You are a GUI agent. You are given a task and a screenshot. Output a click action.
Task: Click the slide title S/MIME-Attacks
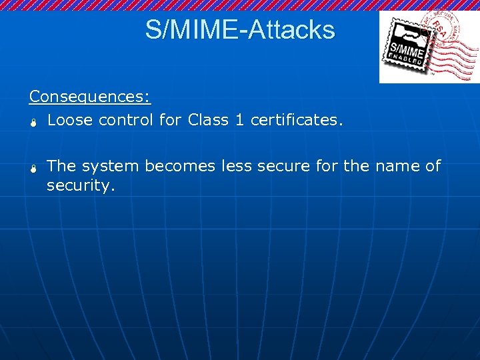coord(240,29)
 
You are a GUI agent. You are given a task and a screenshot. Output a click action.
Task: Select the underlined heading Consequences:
coord(90,97)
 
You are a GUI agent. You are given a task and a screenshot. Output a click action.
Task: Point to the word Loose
coord(70,120)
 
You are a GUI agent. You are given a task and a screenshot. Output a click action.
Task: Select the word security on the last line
coord(81,185)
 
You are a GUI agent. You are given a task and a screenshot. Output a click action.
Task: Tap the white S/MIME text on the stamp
coord(405,49)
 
